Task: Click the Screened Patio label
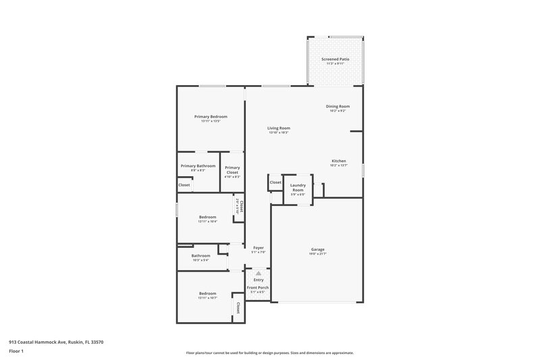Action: click(x=335, y=59)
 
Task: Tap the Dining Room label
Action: click(x=337, y=106)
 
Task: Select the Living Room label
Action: click(x=278, y=128)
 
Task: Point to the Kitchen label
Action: click(x=338, y=161)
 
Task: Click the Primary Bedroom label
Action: click(x=211, y=117)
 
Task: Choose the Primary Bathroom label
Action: click(x=198, y=165)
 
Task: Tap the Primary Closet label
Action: click(x=232, y=170)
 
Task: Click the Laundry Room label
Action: click(x=298, y=188)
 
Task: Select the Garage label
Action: click(x=317, y=249)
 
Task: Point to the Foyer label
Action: click(x=259, y=248)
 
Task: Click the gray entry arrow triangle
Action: click(x=258, y=273)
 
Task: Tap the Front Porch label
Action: click(x=258, y=288)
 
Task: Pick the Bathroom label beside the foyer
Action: click(x=200, y=255)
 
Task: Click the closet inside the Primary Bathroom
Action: click(x=184, y=185)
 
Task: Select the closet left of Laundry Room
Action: click(x=275, y=182)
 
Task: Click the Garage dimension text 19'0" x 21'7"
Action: click(x=317, y=254)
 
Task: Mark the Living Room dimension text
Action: click(x=278, y=132)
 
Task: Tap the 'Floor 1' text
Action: click(x=16, y=351)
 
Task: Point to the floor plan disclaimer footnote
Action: click(x=269, y=353)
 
